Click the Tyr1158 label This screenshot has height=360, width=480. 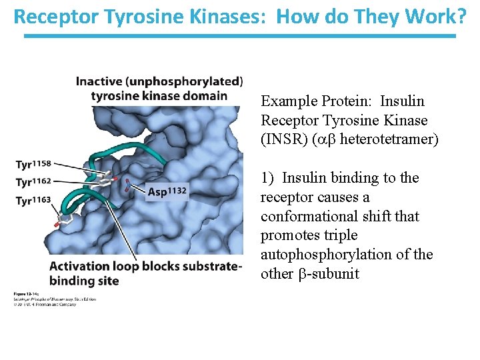33,164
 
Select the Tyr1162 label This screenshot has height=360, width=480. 33,181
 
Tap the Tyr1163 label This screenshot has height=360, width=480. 33,199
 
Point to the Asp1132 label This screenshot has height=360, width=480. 167,192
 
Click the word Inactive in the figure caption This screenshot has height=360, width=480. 99,81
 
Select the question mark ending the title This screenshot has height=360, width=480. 461,16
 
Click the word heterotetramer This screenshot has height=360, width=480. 389,139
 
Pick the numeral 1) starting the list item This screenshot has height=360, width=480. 268,178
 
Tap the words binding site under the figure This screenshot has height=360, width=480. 84,281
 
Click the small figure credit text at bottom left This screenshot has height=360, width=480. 55,297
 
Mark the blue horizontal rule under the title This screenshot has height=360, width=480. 240,35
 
